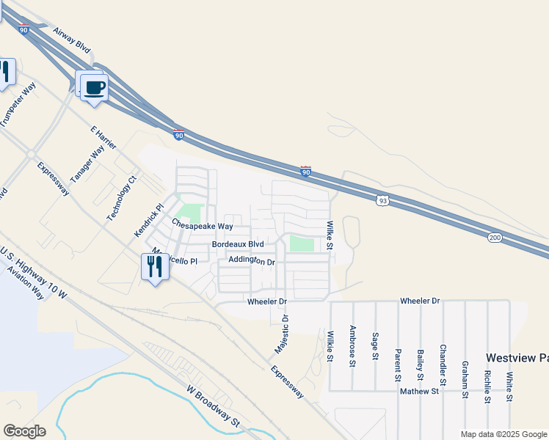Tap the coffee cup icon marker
(94, 88)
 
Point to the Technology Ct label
(123, 198)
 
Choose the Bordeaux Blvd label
(237, 243)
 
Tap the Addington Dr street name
(251, 260)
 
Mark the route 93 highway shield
(382, 199)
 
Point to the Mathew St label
(419, 392)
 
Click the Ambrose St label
(353, 345)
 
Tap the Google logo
(24, 431)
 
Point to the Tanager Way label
(87, 166)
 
